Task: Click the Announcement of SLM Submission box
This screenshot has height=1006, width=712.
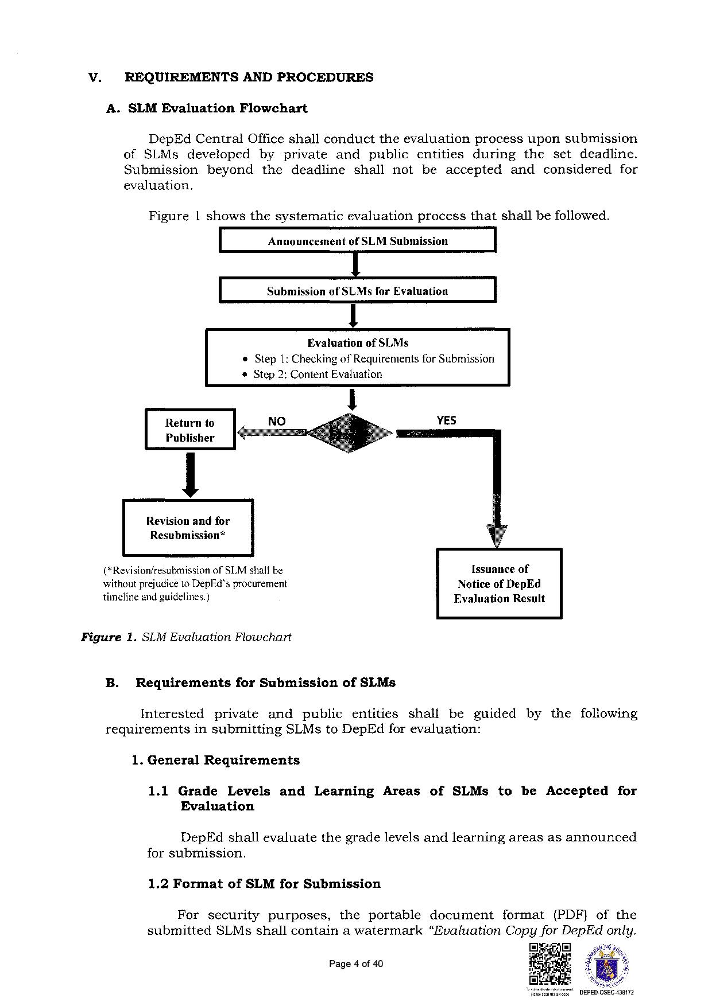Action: click(357, 240)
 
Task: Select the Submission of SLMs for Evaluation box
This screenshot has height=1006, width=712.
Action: click(357, 290)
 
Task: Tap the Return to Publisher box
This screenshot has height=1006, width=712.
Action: click(190, 430)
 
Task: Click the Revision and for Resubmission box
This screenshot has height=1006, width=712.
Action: click(188, 528)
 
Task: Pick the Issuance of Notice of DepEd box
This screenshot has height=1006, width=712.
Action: click(499, 583)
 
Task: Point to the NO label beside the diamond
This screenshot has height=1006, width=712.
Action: click(276, 421)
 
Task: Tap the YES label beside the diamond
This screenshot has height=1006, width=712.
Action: click(446, 420)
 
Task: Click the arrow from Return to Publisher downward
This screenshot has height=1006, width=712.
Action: click(190, 474)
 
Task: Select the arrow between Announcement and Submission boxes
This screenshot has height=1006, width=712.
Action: click(355, 264)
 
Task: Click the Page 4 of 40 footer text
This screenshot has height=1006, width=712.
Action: click(355, 964)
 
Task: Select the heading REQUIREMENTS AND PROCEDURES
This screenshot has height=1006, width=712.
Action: click(249, 77)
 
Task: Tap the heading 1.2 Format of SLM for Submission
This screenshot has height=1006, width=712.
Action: click(264, 883)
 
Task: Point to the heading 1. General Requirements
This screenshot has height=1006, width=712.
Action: click(215, 760)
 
